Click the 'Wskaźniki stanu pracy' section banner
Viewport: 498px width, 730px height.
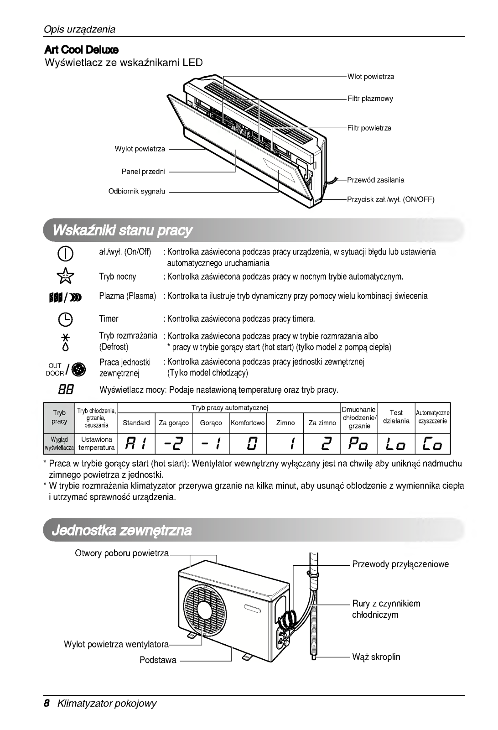coord(123,230)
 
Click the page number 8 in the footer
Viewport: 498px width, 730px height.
coord(46,703)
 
